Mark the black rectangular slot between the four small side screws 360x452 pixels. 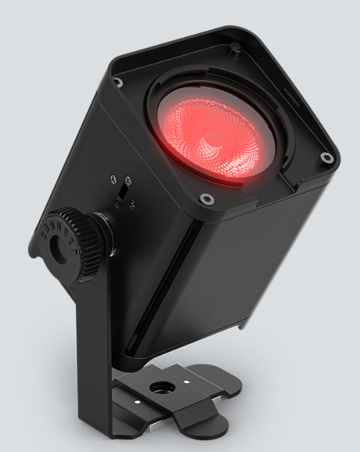point(123,194)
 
